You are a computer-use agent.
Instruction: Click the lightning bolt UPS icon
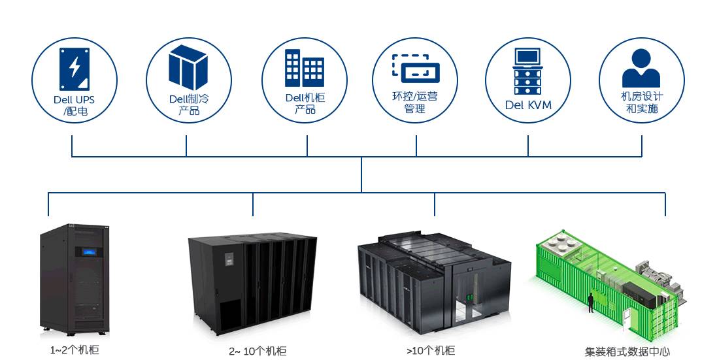[74, 68]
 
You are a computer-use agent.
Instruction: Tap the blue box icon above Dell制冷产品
[188, 67]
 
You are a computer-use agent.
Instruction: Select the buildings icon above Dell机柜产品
[304, 68]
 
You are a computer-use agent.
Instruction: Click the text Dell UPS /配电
[74, 106]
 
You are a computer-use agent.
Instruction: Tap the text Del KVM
[528, 105]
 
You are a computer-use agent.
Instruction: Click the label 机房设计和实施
[641, 103]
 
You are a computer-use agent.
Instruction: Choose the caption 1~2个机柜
[75, 350]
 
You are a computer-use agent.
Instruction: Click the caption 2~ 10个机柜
[258, 352]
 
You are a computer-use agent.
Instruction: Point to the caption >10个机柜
[431, 351]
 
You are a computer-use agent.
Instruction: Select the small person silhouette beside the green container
[590, 303]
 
